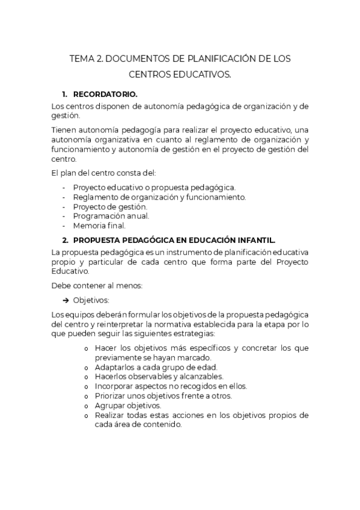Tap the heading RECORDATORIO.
pyautogui.click(x=105, y=94)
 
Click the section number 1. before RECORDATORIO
pyautogui.click(x=65, y=94)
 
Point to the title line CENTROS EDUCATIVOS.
pyautogui.click(x=180, y=75)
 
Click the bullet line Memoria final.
pyautogui.click(x=99, y=226)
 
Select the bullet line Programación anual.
pyautogui.click(x=111, y=216)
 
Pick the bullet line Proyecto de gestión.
pyautogui.click(x=109, y=206)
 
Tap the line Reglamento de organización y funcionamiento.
pyautogui.click(x=159, y=197)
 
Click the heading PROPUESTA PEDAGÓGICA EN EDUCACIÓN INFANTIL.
pyautogui.click(x=174, y=239)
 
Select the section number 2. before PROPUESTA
pyautogui.click(x=65, y=239)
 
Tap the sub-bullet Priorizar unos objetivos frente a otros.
pyautogui.click(x=163, y=396)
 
